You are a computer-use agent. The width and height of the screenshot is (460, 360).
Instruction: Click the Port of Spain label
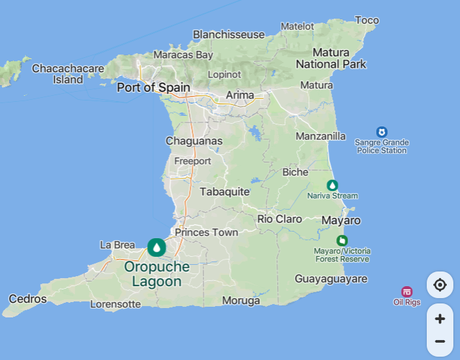point(154,87)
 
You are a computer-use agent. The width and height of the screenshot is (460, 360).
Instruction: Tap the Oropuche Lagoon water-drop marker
point(156,248)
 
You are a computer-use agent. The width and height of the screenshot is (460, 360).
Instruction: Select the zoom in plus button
point(439,319)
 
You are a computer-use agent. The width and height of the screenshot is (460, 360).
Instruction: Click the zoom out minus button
point(439,341)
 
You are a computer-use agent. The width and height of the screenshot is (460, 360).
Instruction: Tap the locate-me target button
point(439,285)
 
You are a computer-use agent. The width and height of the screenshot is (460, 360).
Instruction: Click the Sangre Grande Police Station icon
point(382,132)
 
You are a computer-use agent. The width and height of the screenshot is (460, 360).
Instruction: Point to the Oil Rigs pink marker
point(407,291)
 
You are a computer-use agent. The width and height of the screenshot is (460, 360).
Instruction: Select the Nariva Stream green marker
point(332,185)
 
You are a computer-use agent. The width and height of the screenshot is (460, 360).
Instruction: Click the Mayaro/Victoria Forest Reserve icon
point(342,240)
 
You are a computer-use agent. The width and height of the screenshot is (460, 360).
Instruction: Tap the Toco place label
point(366,21)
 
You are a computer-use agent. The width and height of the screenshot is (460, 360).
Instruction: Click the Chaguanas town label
point(194,141)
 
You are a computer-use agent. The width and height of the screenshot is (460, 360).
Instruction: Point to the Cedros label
point(29,299)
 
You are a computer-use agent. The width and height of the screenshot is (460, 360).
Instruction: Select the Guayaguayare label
point(331,279)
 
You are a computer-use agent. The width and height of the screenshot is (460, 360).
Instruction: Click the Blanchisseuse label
point(229,35)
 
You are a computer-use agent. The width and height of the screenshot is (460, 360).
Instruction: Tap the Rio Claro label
point(280,219)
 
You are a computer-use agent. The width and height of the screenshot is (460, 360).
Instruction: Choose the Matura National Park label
point(331,59)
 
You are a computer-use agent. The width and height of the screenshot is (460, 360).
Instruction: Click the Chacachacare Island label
point(68,74)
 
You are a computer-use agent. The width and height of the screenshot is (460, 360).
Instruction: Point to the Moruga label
point(241,301)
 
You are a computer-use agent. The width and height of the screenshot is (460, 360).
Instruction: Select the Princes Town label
point(207,232)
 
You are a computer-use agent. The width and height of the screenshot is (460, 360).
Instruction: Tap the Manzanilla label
point(321,136)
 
